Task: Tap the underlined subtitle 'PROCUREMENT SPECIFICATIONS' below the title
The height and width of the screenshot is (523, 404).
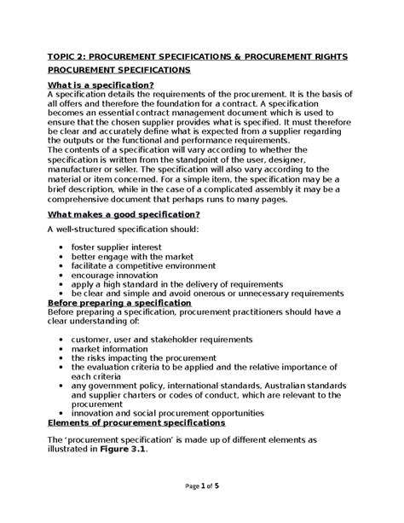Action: tap(119, 71)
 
